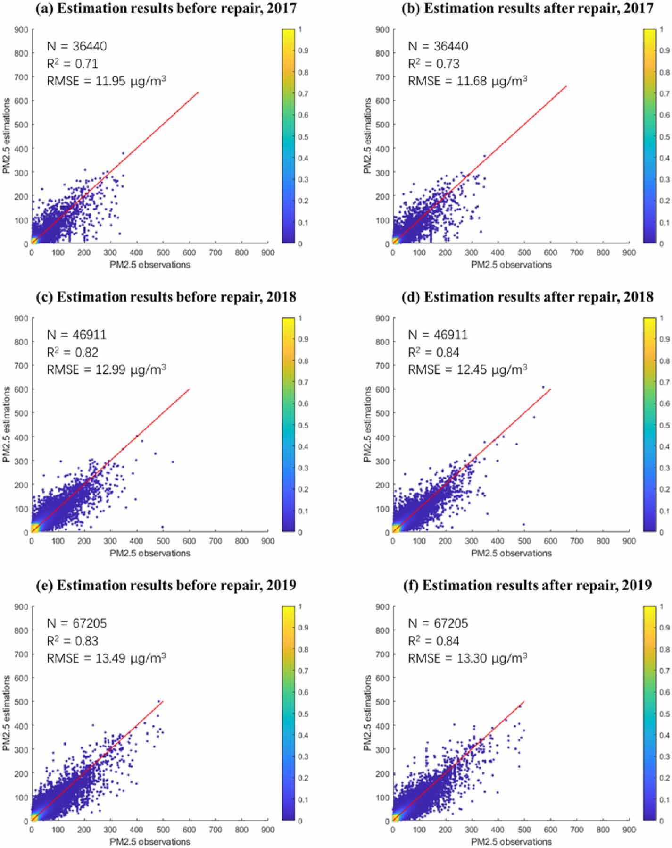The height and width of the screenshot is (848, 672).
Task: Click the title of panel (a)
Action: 166,8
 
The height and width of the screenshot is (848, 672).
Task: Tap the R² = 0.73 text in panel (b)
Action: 433,64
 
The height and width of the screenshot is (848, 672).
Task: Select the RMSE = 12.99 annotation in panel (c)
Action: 106,369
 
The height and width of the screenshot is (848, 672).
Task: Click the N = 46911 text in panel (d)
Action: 438,335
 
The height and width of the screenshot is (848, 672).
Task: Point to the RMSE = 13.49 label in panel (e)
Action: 106,658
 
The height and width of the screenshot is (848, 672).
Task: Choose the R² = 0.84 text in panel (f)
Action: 433,641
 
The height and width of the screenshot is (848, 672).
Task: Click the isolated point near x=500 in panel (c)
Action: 163,527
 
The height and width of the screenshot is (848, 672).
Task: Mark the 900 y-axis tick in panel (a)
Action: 21,30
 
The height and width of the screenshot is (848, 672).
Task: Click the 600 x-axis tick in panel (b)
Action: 550,253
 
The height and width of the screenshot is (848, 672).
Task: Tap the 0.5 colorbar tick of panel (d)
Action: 664,425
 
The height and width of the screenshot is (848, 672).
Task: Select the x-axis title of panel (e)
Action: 150,841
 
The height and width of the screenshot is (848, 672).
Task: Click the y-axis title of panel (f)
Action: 368,713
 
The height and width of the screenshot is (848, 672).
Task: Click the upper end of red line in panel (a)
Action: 198,92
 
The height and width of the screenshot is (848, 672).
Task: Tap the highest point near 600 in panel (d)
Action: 543,387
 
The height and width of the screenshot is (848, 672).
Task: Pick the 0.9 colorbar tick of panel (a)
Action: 303,50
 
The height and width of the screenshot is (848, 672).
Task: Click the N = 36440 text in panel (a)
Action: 76,46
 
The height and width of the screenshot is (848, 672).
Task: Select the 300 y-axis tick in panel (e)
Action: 21,749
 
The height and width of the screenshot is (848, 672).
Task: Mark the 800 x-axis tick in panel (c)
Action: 241,541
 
